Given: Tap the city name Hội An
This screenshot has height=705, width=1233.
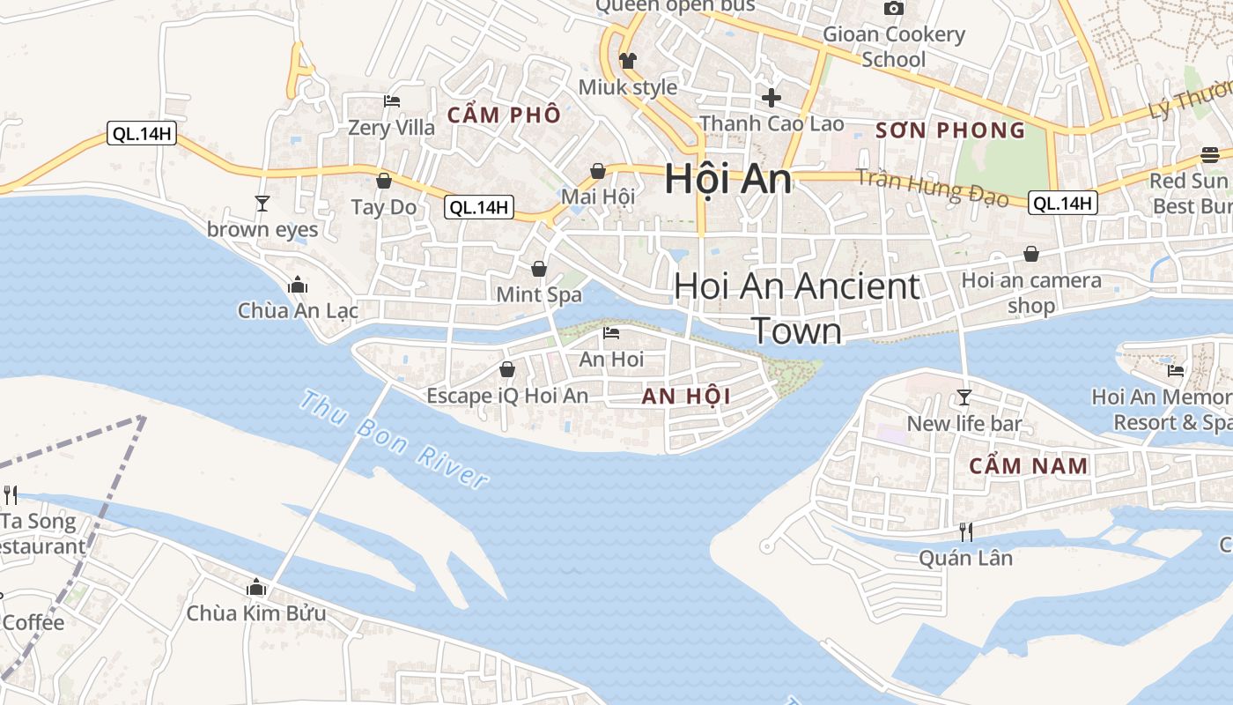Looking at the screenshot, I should click(727, 179).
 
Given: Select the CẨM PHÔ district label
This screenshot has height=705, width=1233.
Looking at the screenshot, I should click(504, 115).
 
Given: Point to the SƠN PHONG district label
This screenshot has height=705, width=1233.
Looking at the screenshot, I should click(950, 131).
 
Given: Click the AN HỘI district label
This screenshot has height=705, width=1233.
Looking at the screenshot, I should click(686, 397).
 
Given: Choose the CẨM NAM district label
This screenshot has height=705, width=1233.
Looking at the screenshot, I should click(1029, 466).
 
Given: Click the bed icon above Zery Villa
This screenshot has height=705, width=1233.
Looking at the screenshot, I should click(392, 101).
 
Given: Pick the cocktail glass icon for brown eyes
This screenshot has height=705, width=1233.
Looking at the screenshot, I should click(262, 204).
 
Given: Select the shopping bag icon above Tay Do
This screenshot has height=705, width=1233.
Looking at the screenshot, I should click(384, 181).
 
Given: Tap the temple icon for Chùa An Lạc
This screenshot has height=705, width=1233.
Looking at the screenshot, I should click(297, 285).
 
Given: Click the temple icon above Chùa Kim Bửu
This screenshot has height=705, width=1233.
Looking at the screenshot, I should click(256, 587).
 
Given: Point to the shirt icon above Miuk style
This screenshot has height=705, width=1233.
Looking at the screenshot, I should click(627, 61).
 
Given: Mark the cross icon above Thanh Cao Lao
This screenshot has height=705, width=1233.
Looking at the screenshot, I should click(772, 97).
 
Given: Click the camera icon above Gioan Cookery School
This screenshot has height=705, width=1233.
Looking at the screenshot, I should click(894, 9).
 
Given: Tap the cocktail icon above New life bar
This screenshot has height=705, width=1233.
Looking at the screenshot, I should click(964, 397).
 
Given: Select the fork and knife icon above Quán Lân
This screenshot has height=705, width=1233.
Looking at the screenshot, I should click(965, 531).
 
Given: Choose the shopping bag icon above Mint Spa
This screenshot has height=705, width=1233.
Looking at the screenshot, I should click(539, 268).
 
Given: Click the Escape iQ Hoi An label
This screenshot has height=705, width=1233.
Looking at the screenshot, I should click(507, 396).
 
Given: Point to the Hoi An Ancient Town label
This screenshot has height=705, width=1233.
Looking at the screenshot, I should click(797, 308).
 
